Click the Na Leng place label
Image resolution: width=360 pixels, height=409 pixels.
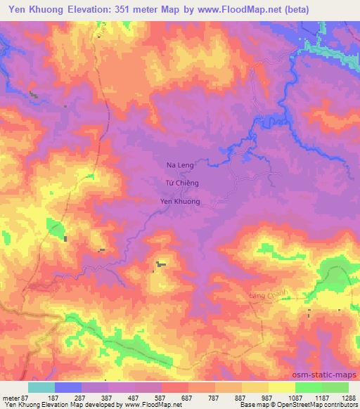pyautogui.click(x=179, y=165)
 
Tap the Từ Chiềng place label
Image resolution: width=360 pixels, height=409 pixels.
pyautogui.click(x=181, y=183)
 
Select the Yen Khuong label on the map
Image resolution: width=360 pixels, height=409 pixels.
pyautogui.click(x=181, y=202)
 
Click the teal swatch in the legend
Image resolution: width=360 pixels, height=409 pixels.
pyautogui.click(x=41, y=387)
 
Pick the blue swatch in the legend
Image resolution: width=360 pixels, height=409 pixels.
pyautogui.click(x=68, y=387)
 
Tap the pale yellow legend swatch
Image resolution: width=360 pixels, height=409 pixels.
pyautogui.click(x=282, y=387)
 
